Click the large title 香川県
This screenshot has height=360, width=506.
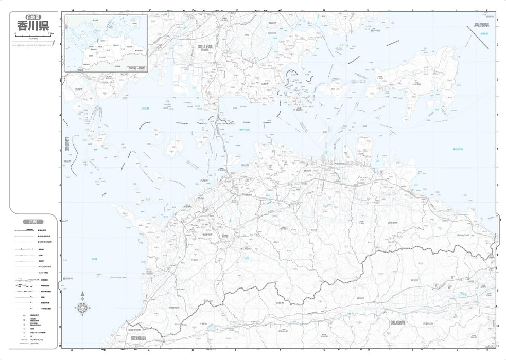click(32, 25)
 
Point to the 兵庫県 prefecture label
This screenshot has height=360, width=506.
click(482, 25)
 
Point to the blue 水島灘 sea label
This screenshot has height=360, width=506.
click(146, 109)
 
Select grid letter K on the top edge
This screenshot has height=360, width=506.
click(486, 10)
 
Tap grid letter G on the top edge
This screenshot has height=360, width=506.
click(324, 10)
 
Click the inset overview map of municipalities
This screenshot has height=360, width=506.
click(106, 43)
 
